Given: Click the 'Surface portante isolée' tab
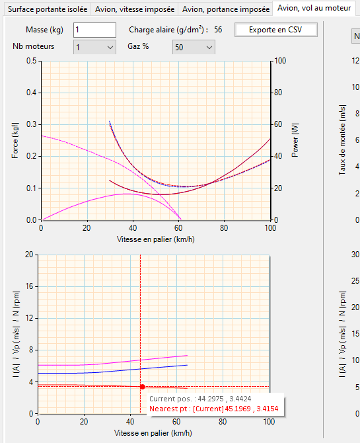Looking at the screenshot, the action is [48, 9].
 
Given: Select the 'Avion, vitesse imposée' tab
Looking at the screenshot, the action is [135, 9].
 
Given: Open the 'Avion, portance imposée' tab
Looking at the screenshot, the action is [226, 9].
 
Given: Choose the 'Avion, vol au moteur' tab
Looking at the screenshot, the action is [314, 8].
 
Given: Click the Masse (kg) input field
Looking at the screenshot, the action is [94, 30].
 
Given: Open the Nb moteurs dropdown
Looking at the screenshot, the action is [94, 47].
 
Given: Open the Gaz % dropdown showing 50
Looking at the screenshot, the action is [194, 47].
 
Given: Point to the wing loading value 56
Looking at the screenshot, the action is [218, 30].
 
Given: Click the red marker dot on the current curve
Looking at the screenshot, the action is [143, 387].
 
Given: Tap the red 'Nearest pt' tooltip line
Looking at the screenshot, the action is [214, 409].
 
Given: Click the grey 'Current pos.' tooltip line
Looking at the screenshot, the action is [200, 399].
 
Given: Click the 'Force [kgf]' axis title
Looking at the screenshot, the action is [15, 140].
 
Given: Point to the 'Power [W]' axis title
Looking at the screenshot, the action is [295, 140].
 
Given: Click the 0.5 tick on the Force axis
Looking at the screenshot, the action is [32, 61].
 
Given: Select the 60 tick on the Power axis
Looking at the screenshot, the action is [278, 124].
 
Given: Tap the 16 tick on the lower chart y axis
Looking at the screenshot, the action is [29, 286].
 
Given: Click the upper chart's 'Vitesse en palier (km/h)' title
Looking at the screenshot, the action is [156, 239].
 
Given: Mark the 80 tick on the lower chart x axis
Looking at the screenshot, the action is [223, 422].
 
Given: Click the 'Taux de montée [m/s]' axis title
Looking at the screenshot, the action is [342, 140].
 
